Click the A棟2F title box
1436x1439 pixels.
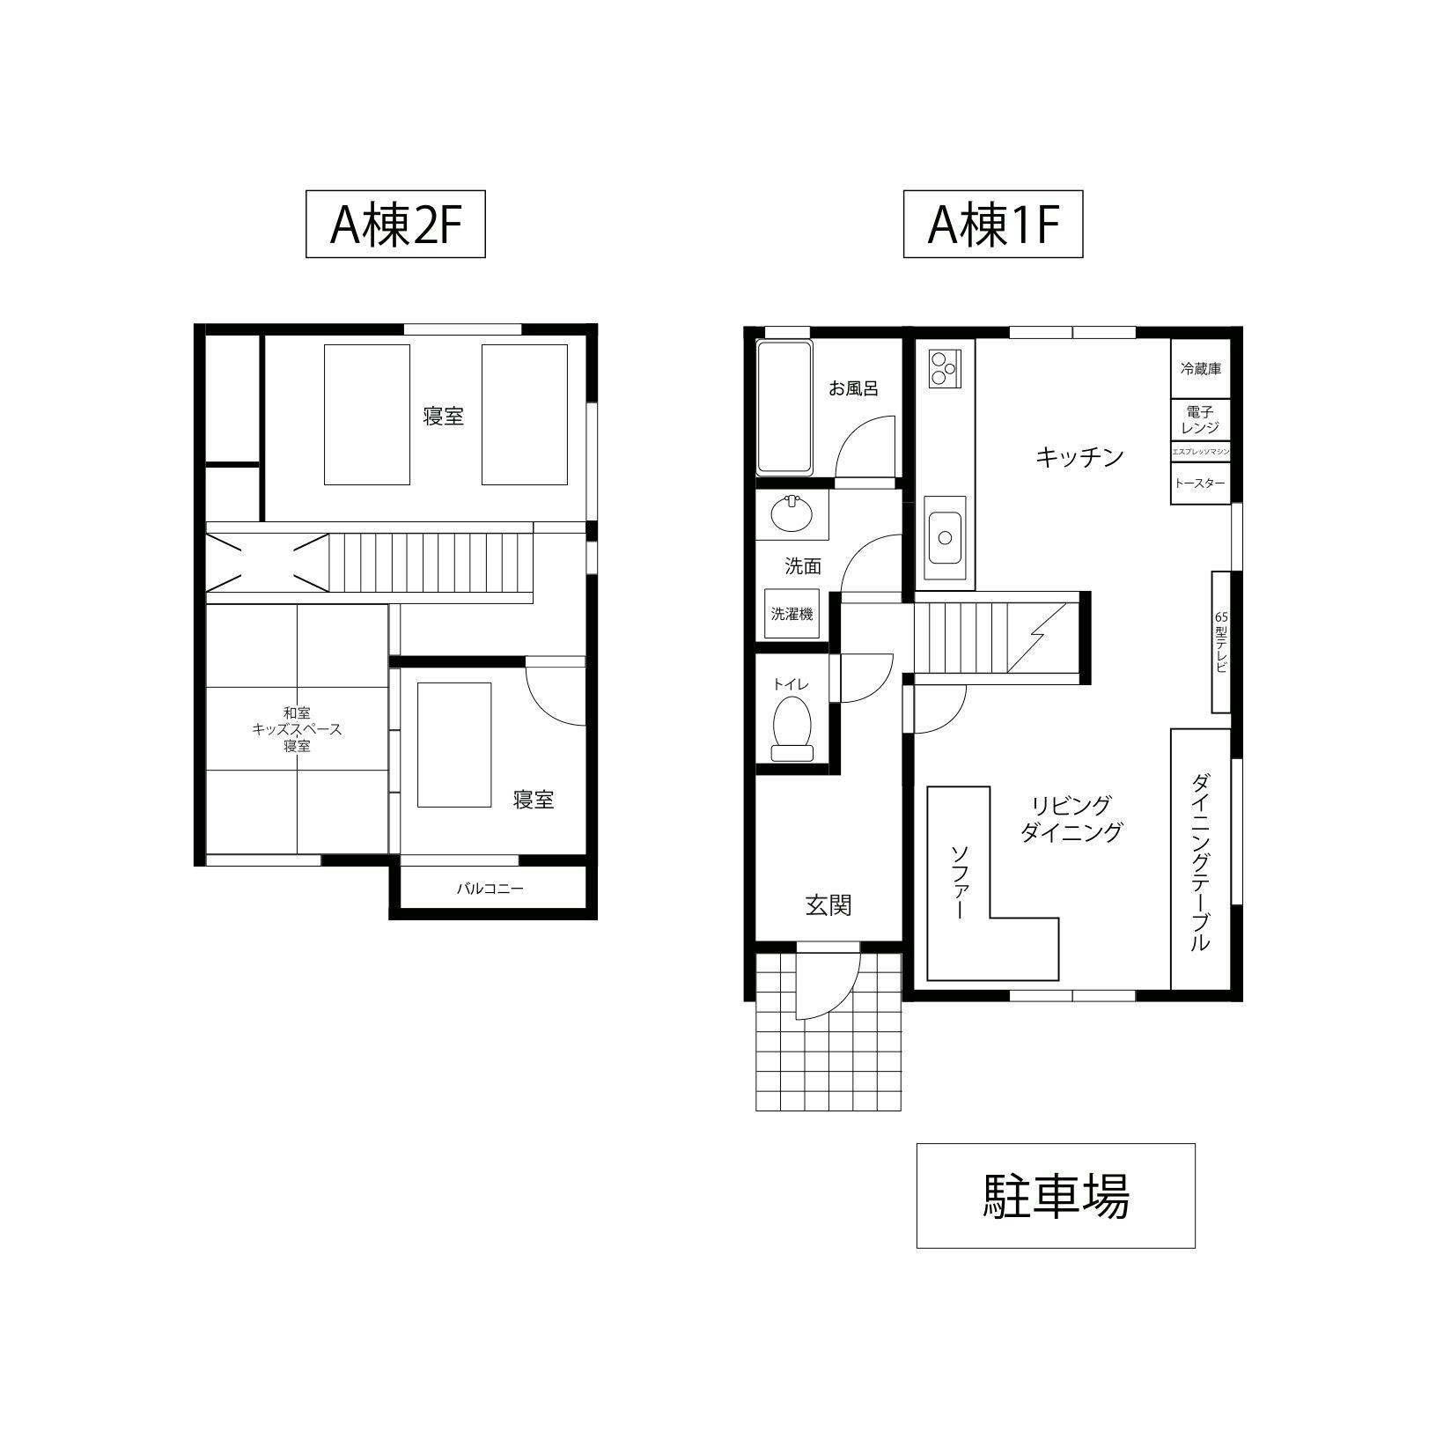pyautogui.click(x=395, y=225)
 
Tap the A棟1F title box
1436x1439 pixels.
pyautogui.click(x=992, y=225)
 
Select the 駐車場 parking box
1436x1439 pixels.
pyautogui.click(x=1055, y=1195)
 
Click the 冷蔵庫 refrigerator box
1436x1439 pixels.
pyautogui.click(x=1200, y=369)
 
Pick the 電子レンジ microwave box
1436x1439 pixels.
pyautogui.click(x=1200, y=420)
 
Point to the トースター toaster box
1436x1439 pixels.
pyautogui.click(x=1200, y=483)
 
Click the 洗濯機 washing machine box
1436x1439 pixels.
pyautogui.click(x=792, y=614)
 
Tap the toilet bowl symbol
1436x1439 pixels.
pyautogui.click(x=792, y=725)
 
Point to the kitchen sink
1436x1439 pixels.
pyautogui.click(x=946, y=535)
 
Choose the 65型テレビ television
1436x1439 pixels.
pyautogui.click(x=1220, y=641)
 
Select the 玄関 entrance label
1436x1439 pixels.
pyautogui.click(x=828, y=904)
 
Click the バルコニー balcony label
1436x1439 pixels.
pyautogui.click(x=490, y=889)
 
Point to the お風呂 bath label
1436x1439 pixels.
pyautogui.click(x=853, y=388)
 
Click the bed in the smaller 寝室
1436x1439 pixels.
pyautogui.click(x=453, y=744)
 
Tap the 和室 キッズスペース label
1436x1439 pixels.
pyautogui.click(x=297, y=729)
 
